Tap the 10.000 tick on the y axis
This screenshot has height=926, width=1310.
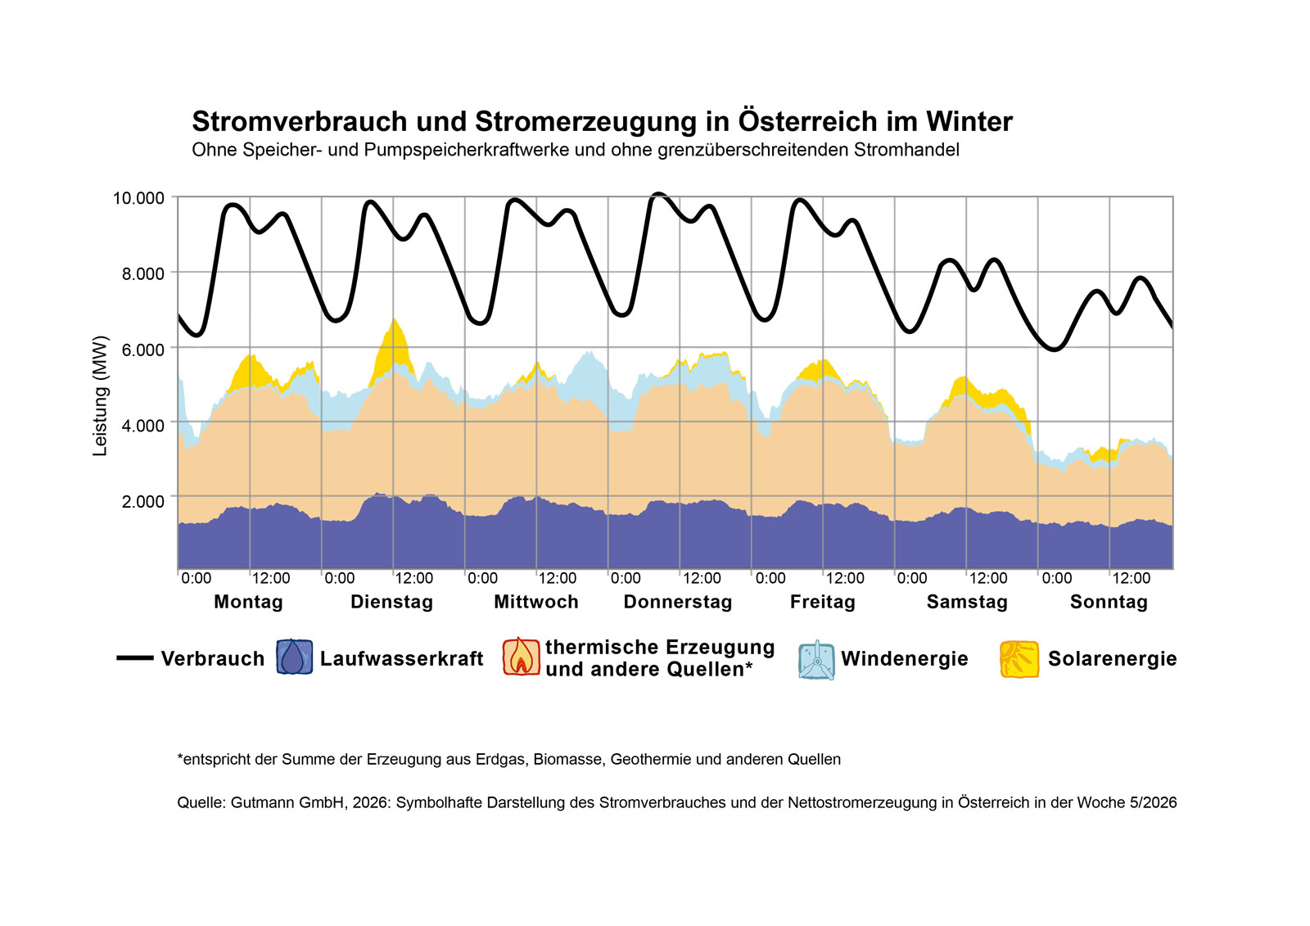pyautogui.click(x=138, y=198)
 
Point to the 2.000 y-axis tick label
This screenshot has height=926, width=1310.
pyautogui.click(x=143, y=501)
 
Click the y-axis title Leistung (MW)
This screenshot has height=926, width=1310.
pyautogui.click(x=100, y=395)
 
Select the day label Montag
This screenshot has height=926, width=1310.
pyautogui.click(x=248, y=602)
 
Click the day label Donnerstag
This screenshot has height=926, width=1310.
pyautogui.click(x=678, y=602)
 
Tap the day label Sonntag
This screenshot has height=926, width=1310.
pyautogui.click(x=1109, y=602)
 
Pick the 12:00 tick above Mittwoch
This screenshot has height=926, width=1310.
pyautogui.click(x=557, y=578)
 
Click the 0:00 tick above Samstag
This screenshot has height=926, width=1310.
pyautogui.click(x=912, y=578)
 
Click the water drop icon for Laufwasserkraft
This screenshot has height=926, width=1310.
pyautogui.click(x=294, y=657)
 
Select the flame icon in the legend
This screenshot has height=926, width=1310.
pyautogui.click(x=522, y=657)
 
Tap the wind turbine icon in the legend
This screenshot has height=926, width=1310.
pyautogui.click(x=816, y=660)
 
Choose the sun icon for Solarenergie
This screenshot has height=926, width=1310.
pyautogui.click(x=1019, y=659)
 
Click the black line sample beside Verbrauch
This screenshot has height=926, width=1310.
pyautogui.click(x=135, y=658)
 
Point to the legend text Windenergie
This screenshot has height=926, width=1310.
pyautogui.click(x=904, y=659)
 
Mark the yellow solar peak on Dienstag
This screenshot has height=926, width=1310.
pyautogui.click(x=395, y=337)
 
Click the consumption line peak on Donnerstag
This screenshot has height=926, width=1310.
pyautogui.click(x=659, y=195)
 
